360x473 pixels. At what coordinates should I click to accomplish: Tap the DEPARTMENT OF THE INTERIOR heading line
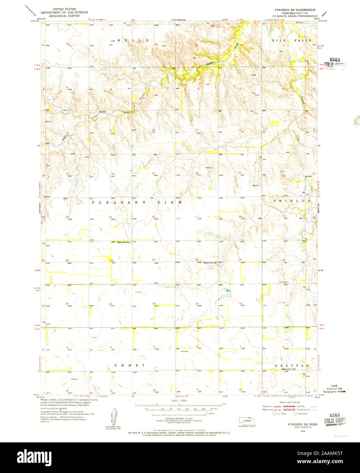[64, 13]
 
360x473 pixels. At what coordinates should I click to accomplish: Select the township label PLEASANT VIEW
[137, 202]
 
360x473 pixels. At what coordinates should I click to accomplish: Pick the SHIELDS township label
[292, 201]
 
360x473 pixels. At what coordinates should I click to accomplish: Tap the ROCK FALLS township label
[291, 40]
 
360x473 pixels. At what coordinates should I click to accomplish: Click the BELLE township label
[133, 40]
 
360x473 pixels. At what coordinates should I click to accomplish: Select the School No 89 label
[124, 242]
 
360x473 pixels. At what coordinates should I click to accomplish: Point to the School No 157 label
[289, 369]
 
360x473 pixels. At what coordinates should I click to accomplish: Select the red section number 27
[153, 260]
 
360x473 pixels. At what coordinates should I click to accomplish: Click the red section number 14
[196, 173]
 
